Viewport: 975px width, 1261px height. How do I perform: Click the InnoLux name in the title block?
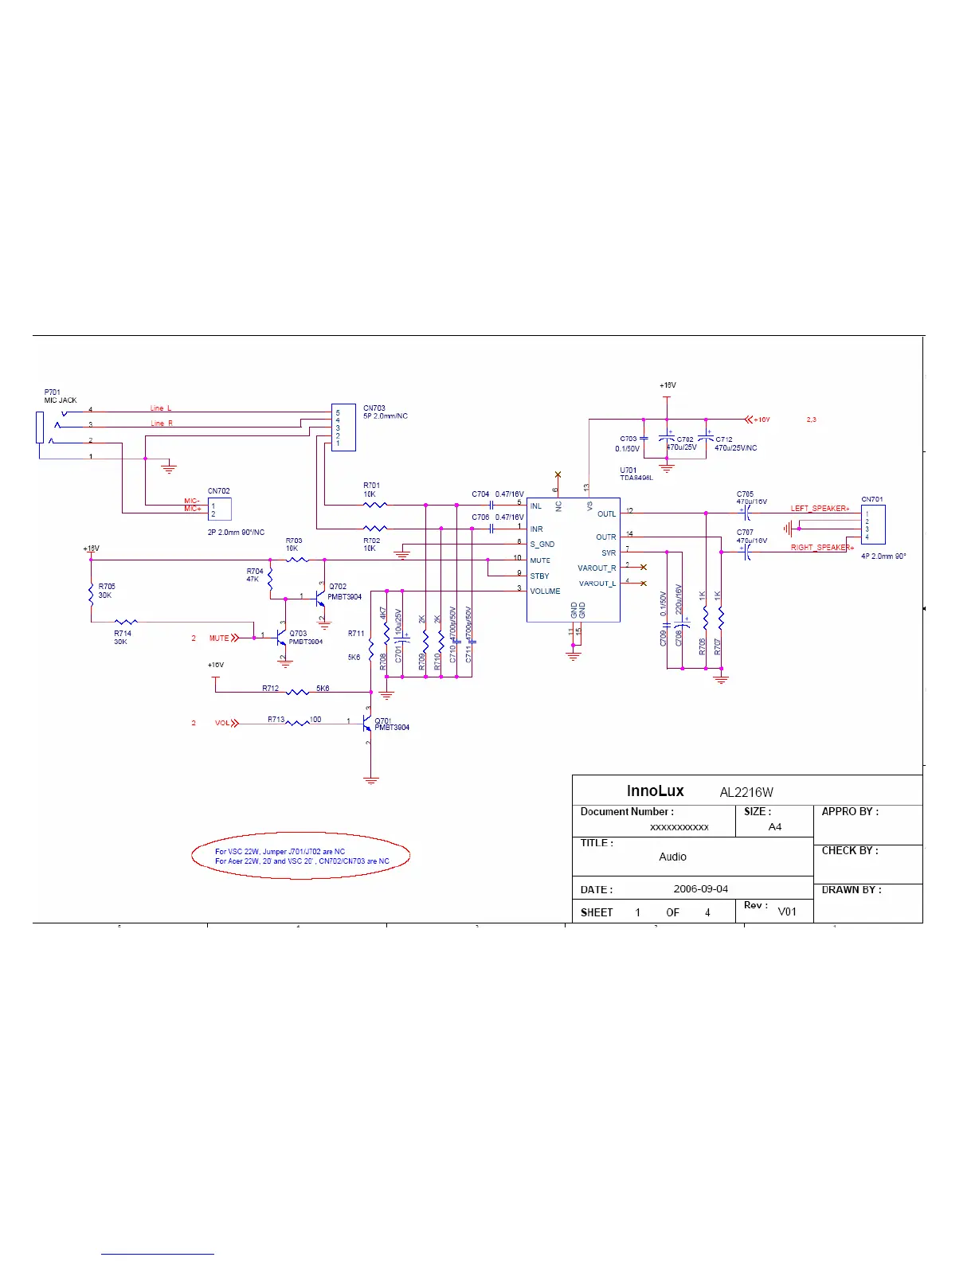(655, 791)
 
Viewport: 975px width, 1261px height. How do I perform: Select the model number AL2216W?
(746, 792)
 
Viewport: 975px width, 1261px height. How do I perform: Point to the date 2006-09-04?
(700, 889)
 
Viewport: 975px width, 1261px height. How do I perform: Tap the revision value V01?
(787, 912)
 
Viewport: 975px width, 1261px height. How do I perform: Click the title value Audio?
(672, 857)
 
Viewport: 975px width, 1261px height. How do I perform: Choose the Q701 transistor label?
(382, 720)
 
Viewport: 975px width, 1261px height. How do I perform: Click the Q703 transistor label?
(298, 634)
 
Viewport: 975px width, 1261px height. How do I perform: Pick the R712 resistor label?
(271, 688)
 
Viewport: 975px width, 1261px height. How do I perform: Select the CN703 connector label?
(374, 408)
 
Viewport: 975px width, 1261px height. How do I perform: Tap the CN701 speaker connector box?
(873, 525)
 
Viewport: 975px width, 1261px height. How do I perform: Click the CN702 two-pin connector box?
(219, 509)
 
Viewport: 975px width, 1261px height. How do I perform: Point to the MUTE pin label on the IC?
(540, 560)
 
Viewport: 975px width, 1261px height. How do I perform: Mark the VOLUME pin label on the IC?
(545, 591)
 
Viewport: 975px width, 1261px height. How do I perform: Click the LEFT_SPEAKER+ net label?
(820, 508)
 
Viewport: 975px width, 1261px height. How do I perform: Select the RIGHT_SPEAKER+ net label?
(821, 548)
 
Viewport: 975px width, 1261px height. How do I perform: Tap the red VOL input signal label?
(222, 723)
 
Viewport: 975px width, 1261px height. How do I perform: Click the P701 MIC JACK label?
(60, 396)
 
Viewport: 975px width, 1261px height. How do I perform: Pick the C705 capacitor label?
(745, 494)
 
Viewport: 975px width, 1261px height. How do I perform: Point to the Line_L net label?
(161, 408)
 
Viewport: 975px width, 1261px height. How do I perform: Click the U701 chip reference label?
(628, 470)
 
